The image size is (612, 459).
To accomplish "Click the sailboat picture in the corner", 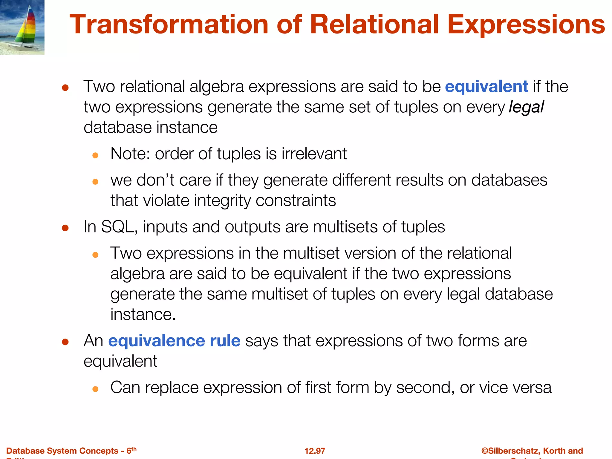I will click(x=22, y=27).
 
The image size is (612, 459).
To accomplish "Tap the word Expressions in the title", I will click(x=526, y=25).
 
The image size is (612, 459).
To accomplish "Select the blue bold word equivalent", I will click(x=486, y=87).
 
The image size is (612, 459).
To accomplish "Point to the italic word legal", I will click(x=526, y=107).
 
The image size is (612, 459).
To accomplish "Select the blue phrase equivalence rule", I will click(x=174, y=341).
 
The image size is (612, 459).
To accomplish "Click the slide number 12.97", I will click(x=315, y=451).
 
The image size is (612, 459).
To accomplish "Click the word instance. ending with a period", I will click(x=143, y=315).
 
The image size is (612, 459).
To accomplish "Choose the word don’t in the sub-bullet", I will click(x=155, y=180).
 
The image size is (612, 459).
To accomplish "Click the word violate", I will click(x=166, y=201).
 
